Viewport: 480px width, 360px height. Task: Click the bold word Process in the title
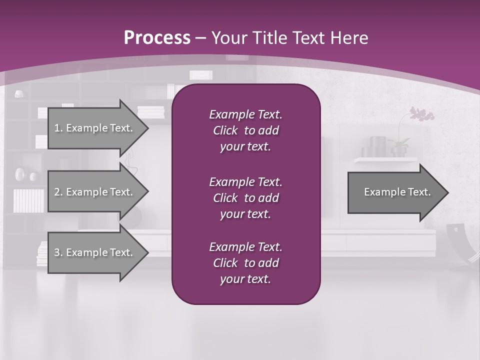pyautogui.click(x=157, y=38)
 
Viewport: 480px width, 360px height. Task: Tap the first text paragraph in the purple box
pyautogui.click(x=245, y=130)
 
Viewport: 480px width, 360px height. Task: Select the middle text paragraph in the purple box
pyautogui.click(x=245, y=197)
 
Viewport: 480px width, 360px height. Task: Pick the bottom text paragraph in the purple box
pyautogui.click(x=245, y=263)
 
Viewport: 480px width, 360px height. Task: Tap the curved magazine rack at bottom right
pyautogui.click(x=459, y=243)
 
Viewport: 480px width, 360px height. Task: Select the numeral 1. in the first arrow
pyautogui.click(x=58, y=128)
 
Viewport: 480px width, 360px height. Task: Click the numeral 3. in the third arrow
pyautogui.click(x=58, y=252)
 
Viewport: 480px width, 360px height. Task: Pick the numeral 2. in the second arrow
pyautogui.click(x=58, y=192)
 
